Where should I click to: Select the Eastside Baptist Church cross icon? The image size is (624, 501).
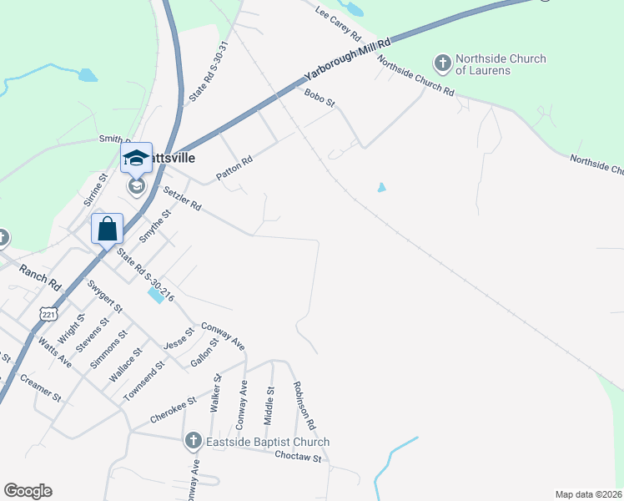pyautogui.click(x=192, y=440)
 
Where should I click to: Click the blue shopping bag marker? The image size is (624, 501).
pyautogui.click(x=108, y=228)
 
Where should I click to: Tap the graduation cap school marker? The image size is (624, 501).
pyautogui.click(x=136, y=156)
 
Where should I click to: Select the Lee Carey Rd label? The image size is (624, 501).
pyautogui.click(x=338, y=25)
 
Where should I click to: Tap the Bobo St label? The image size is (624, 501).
pyautogui.click(x=320, y=99)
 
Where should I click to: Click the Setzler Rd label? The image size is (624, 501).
pyautogui.click(x=182, y=198)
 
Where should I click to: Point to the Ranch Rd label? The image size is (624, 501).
pyautogui.click(x=40, y=277)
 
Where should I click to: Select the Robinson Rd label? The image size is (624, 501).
pyautogui.click(x=303, y=406)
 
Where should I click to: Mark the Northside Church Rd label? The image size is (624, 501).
pyautogui.click(x=415, y=76)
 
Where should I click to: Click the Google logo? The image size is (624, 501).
pyautogui.click(x=28, y=491)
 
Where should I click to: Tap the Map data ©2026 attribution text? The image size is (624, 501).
pyautogui.click(x=588, y=494)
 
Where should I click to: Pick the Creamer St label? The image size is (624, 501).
pyautogui.click(x=42, y=388)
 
